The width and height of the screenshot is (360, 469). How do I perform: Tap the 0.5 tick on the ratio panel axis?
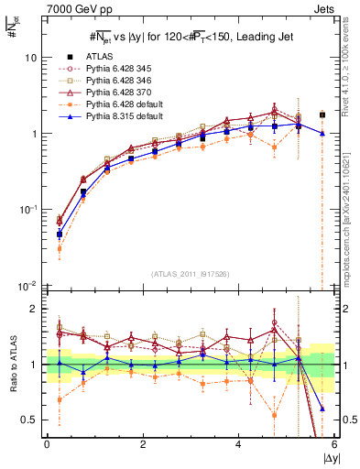[29, 420]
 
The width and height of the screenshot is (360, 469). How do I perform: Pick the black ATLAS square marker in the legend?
[69, 57]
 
